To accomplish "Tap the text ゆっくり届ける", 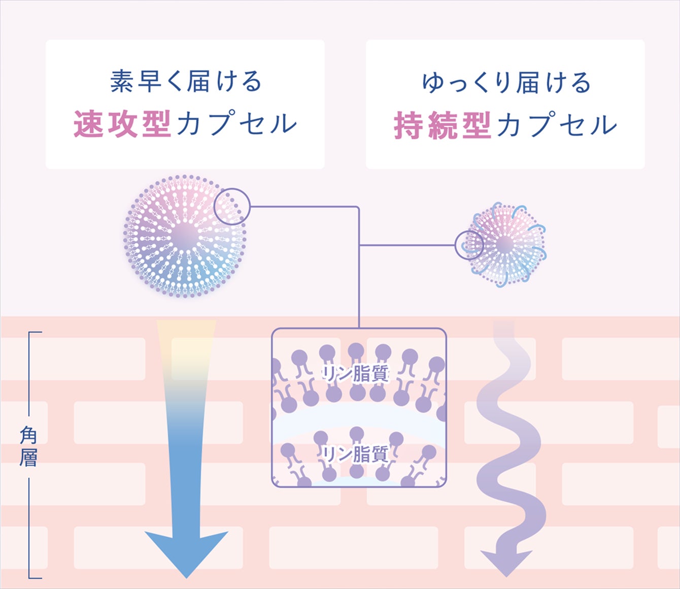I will pyautogui.click(x=506, y=83).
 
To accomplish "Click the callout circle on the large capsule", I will pyautogui.click(x=232, y=206).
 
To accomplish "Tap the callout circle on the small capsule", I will pyautogui.click(x=469, y=245).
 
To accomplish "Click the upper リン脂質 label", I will pyautogui.click(x=356, y=374).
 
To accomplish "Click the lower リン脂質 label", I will pyautogui.click(x=356, y=454).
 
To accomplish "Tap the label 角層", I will pyautogui.click(x=28, y=447).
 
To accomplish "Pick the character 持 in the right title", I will pyautogui.click(x=409, y=125).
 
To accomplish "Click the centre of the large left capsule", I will pyautogui.click(x=185, y=236).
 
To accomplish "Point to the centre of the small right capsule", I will pyautogui.click(x=505, y=245).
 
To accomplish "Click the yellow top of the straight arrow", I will pyautogui.click(x=186, y=335).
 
